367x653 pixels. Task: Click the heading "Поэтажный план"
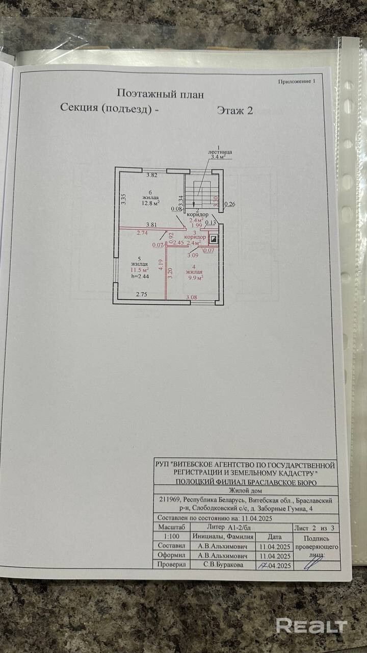pyautogui.click(x=160, y=94)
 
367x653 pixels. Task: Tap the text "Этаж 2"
pyautogui.click(x=234, y=110)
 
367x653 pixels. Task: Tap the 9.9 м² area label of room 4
pyautogui.click(x=194, y=279)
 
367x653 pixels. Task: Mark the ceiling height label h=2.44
pyautogui.click(x=139, y=276)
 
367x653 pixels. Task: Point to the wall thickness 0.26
pyautogui.click(x=230, y=205)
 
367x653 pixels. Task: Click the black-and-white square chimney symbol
pyautogui.click(x=214, y=239)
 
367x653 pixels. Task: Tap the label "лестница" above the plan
pyautogui.click(x=220, y=152)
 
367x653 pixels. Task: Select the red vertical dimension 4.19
pyautogui.click(x=161, y=265)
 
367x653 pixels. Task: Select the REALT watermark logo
pyautogui.click(x=311, y=626)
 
